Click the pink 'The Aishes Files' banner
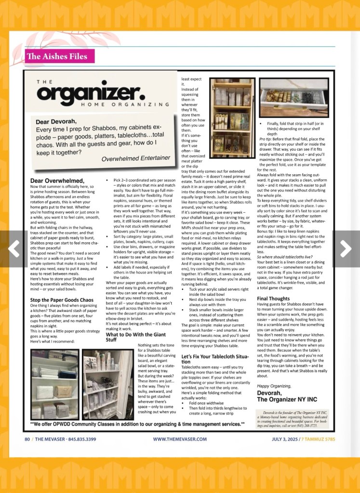click(57, 56)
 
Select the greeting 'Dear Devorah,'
click(56, 121)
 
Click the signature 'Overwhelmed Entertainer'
click(136, 158)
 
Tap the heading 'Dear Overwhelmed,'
click(57, 181)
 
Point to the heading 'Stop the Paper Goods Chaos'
click(62, 300)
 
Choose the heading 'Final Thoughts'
click(273, 298)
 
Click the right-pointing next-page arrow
click(346, 248)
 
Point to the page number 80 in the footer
click(28, 439)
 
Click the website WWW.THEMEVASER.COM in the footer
click(180, 439)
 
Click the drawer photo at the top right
click(293, 98)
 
